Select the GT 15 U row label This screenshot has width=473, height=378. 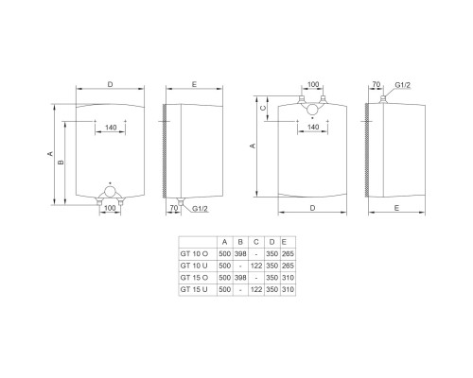[x=192, y=289]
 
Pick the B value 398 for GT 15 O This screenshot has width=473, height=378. [x=240, y=278]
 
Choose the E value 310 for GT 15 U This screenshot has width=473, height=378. [x=288, y=289]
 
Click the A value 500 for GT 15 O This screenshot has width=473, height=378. [x=223, y=278]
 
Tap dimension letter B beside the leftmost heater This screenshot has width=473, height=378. [x=61, y=162]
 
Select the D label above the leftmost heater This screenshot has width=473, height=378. [x=111, y=86]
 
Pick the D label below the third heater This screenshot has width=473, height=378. [x=310, y=205]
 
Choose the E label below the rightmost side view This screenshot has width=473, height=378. [x=394, y=205]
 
